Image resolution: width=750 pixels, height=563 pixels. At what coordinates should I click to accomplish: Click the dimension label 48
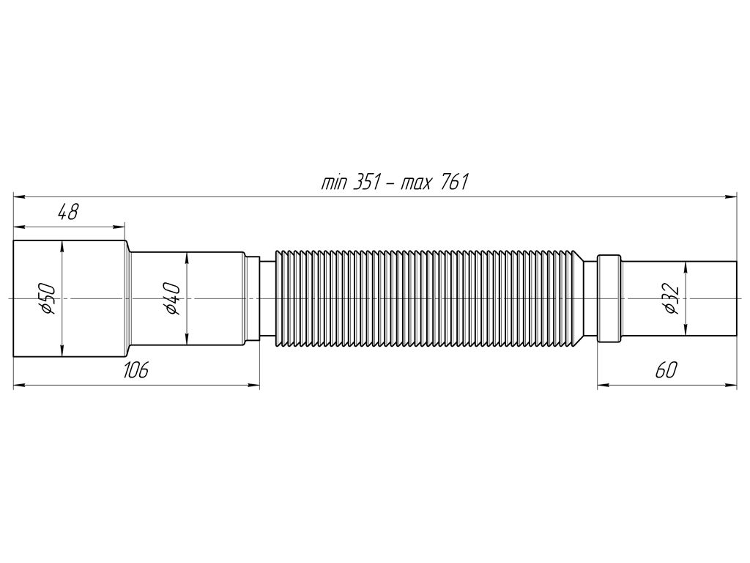point(68,212)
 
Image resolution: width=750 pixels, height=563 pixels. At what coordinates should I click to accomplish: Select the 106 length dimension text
point(135,369)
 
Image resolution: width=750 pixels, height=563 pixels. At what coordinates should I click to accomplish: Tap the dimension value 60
point(666,369)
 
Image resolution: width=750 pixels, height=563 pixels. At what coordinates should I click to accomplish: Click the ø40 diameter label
point(172,299)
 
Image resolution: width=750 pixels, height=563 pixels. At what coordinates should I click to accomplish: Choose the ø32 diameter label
point(671,299)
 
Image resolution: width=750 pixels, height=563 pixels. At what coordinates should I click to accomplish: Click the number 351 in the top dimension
point(366,183)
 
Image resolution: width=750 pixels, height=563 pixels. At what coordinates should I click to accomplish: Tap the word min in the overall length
point(334,183)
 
